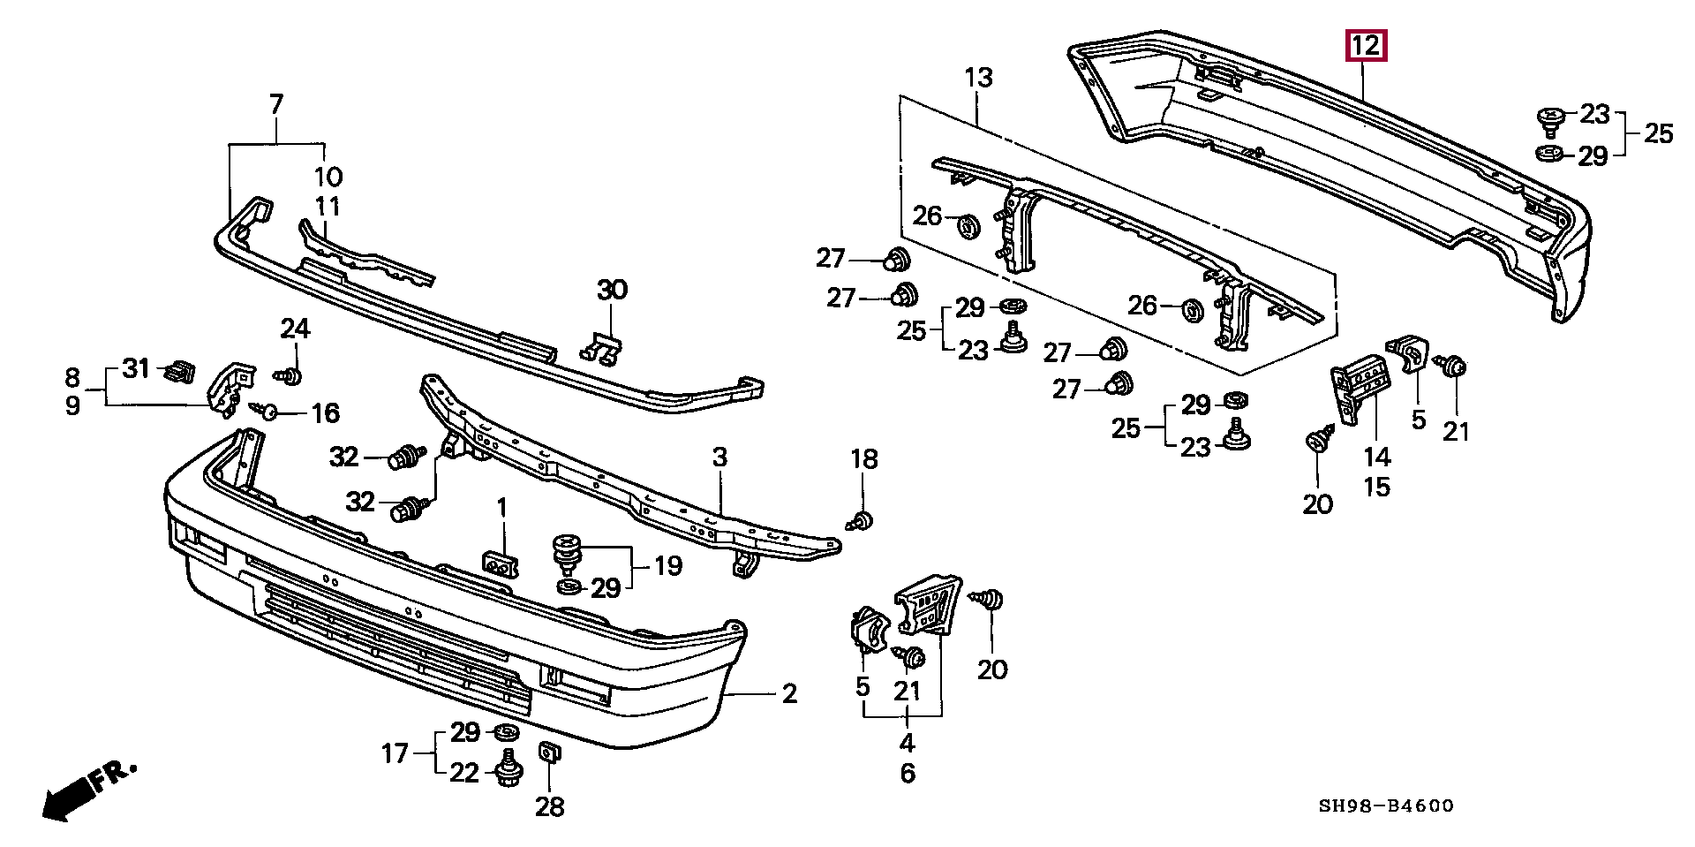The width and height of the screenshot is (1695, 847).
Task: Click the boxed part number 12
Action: pyautogui.click(x=1365, y=45)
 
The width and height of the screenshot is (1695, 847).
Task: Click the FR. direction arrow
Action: pyautogui.click(x=88, y=789)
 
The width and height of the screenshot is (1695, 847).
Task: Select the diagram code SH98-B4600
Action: pyautogui.click(x=1387, y=805)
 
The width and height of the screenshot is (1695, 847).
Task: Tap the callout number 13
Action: pyautogui.click(x=978, y=78)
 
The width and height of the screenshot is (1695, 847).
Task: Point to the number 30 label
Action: pyautogui.click(x=612, y=290)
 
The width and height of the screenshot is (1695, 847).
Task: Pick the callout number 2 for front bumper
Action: pyautogui.click(x=789, y=693)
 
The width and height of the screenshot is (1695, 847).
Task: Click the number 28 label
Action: pyautogui.click(x=549, y=806)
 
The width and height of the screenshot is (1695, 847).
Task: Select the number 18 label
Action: pyautogui.click(x=864, y=458)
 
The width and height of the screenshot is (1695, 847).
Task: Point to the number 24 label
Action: pyautogui.click(x=296, y=329)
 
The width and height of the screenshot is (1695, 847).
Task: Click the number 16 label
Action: pyautogui.click(x=325, y=412)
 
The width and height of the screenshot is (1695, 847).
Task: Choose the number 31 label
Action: pyautogui.click(x=136, y=368)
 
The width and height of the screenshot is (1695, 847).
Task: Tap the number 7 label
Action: pyautogui.click(x=276, y=105)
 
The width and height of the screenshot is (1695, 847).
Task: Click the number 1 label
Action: pyautogui.click(x=502, y=508)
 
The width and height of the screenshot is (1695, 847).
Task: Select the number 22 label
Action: pyautogui.click(x=464, y=774)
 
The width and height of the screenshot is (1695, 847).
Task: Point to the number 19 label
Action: pyautogui.click(x=668, y=565)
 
